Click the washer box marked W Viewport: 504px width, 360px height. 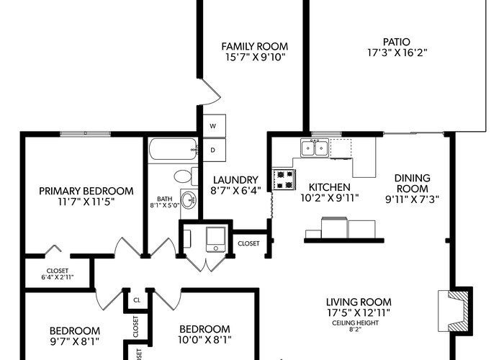(x=214, y=126)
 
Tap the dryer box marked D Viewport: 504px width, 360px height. (x=214, y=150)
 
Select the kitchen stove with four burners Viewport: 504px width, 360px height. (x=284, y=179)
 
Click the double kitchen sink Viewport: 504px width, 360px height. (x=315, y=148)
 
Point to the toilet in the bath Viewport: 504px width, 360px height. (x=186, y=176)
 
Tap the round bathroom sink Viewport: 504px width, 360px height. (x=189, y=200)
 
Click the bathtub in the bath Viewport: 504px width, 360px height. (x=174, y=149)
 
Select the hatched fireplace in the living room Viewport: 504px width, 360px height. (x=454, y=311)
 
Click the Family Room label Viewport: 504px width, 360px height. (x=255, y=47)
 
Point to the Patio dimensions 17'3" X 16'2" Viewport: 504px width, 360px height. (x=397, y=53)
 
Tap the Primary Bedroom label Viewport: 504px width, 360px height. (x=86, y=191)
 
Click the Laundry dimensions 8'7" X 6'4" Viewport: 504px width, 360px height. (x=235, y=191)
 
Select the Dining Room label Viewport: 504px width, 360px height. (x=412, y=183)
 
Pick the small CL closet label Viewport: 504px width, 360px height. (x=137, y=300)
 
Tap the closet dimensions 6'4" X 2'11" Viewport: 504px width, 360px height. (x=58, y=277)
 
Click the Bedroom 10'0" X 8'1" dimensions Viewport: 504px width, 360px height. (x=204, y=340)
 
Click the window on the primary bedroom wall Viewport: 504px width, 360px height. (x=85, y=134)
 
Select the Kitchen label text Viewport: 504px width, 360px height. (x=330, y=187)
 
